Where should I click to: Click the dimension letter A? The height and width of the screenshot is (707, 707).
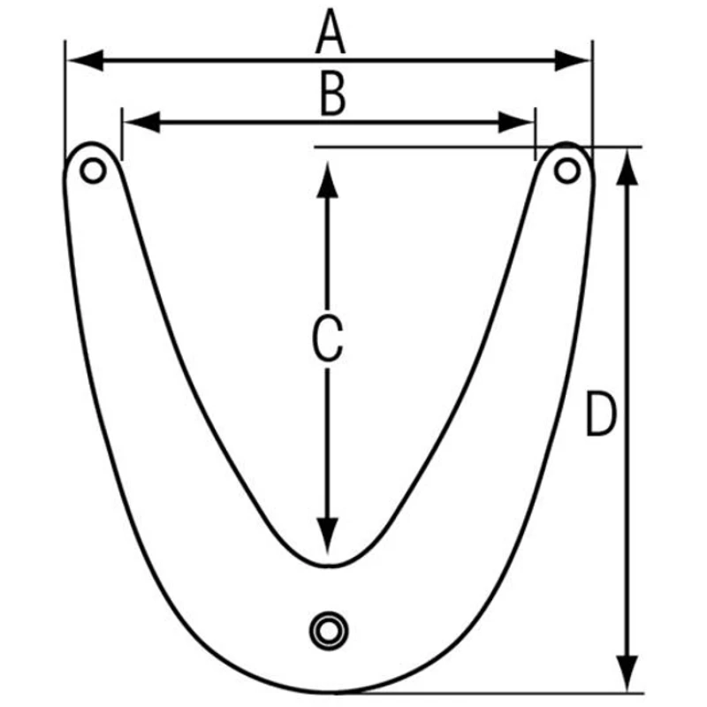(x=331, y=33)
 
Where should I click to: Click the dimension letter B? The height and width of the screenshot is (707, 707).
(x=333, y=94)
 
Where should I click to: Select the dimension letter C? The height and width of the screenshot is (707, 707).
(x=327, y=338)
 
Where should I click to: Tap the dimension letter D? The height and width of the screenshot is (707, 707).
(x=600, y=414)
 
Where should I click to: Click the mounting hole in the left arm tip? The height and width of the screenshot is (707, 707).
(x=93, y=171)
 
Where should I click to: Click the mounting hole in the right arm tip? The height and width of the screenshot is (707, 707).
(x=566, y=171)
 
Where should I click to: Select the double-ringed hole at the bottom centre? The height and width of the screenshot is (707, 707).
(x=329, y=631)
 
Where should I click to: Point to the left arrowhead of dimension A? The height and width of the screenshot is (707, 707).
(x=85, y=60)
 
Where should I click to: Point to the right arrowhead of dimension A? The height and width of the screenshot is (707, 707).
(x=572, y=60)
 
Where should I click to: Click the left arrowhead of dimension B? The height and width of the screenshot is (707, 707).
(x=141, y=122)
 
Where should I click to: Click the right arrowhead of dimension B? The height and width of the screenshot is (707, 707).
(x=516, y=122)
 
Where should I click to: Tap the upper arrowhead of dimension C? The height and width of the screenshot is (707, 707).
(x=327, y=179)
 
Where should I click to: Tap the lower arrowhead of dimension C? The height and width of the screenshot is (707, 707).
(x=327, y=536)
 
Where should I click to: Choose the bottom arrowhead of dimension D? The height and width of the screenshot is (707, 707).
(x=627, y=673)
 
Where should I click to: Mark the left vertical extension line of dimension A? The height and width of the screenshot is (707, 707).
(x=65, y=100)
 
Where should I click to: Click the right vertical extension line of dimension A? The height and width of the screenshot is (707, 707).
(x=592, y=100)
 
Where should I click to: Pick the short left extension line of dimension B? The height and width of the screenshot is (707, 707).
(x=122, y=133)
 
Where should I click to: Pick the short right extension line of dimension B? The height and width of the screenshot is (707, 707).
(x=536, y=133)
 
